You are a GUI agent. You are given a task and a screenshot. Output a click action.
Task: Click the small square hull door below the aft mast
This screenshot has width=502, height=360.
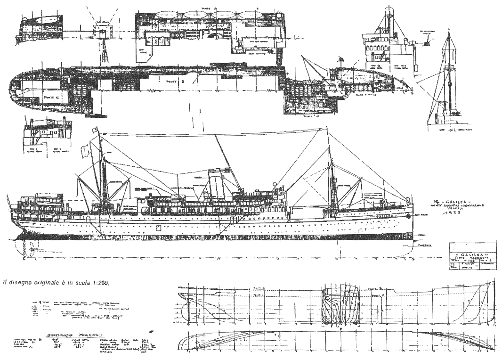158,228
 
